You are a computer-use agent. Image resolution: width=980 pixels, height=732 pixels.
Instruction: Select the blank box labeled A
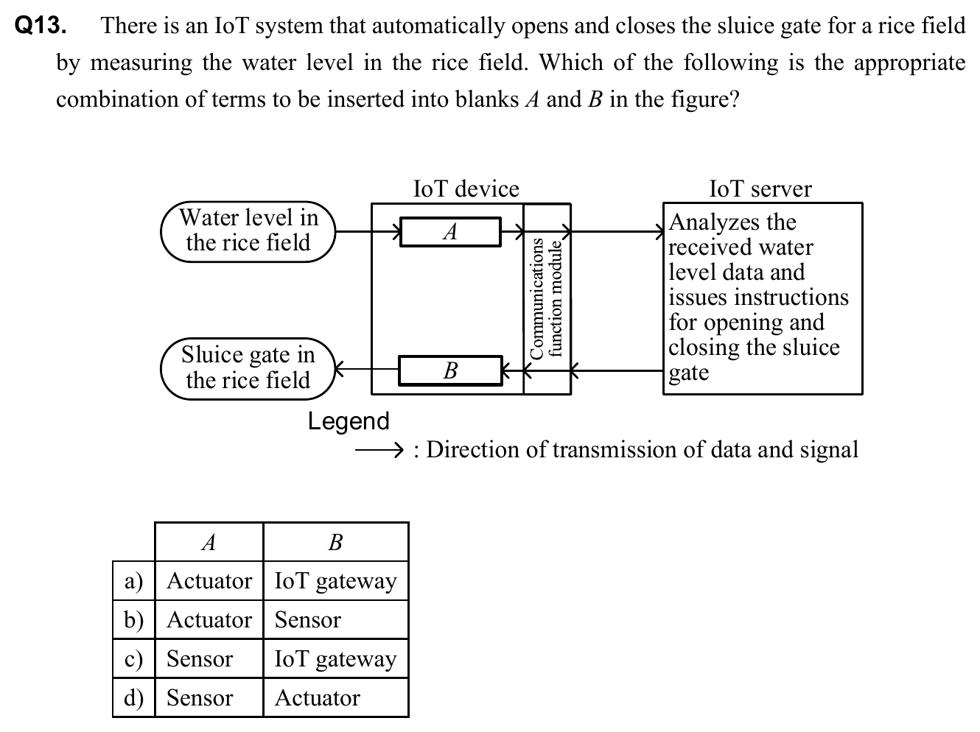tap(450, 232)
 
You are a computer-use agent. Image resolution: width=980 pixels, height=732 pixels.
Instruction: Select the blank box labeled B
tap(450, 370)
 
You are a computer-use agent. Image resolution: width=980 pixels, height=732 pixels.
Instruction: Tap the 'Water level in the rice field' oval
tap(248, 231)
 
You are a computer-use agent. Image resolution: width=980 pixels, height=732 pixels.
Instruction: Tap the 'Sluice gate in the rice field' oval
tap(248, 368)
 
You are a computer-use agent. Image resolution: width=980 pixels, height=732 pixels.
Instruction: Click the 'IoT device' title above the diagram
tap(466, 189)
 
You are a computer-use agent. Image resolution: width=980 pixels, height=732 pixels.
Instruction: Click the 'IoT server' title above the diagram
tap(760, 189)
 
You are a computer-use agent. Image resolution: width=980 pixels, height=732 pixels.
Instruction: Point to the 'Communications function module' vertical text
tap(546, 298)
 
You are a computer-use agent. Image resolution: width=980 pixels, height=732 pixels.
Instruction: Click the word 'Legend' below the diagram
tap(349, 421)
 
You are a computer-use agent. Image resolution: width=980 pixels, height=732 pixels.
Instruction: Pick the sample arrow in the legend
tap(378, 450)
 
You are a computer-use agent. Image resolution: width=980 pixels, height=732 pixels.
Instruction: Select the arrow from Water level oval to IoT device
tap(368, 232)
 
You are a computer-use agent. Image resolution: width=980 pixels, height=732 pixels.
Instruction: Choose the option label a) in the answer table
tap(133, 581)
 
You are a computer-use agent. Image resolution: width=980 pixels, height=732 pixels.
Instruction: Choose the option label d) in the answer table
tap(133, 697)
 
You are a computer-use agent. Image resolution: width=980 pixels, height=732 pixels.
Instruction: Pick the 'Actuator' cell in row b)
tap(209, 620)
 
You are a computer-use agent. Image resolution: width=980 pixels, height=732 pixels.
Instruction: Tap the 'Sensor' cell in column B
tap(308, 620)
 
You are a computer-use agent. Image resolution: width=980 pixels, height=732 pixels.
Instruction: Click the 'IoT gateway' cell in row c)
tap(335, 659)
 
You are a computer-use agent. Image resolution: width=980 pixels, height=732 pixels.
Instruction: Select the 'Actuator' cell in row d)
tap(318, 697)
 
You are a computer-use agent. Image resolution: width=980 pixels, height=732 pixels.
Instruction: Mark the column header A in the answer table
tap(209, 543)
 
